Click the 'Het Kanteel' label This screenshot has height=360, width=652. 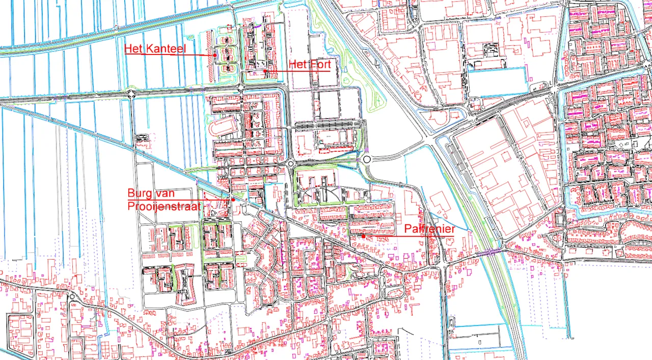click(155, 49)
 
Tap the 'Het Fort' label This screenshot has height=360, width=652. click(310, 64)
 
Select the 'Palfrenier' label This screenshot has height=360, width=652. click(429, 229)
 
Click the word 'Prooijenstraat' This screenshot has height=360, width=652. click(165, 206)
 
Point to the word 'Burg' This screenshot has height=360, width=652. click(139, 193)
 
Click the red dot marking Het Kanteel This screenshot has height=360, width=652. click(215, 55)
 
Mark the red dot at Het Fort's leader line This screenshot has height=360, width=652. click(265, 70)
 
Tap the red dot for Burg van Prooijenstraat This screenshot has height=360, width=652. click(233, 200)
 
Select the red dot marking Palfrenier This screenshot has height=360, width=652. click(363, 236)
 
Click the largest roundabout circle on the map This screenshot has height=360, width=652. click(367, 159)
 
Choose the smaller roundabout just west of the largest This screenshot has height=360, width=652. click(290, 164)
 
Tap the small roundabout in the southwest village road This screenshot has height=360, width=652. click(71, 297)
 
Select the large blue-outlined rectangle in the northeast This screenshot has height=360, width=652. click(497, 82)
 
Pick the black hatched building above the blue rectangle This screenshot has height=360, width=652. click(490, 49)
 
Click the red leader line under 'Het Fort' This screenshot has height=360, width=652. click(298, 71)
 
